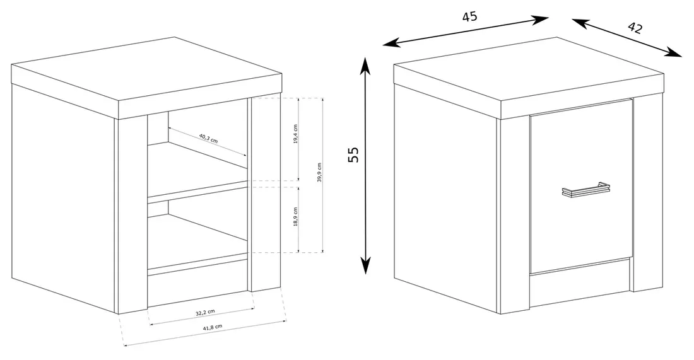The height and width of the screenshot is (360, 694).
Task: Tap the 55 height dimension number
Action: pyautogui.click(x=353, y=154)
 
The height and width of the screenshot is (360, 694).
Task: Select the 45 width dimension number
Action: pyautogui.click(x=469, y=17)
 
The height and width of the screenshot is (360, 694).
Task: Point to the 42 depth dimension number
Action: pyautogui.click(x=635, y=27)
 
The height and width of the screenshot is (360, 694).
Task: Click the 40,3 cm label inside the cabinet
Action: pyautogui.click(x=208, y=138)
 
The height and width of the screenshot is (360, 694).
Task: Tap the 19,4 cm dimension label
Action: pyautogui.click(x=295, y=134)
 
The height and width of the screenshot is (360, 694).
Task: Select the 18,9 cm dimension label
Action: pyautogui.click(x=295, y=217)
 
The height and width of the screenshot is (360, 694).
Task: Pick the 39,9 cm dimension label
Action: pyautogui.click(x=319, y=173)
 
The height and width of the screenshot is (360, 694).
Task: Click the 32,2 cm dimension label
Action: pyautogui.click(x=206, y=312)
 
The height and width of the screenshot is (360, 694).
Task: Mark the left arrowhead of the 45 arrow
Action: pyautogui.click(x=391, y=42)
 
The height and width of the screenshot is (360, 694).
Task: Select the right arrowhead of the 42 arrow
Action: pyautogui.click(x=674, y=52)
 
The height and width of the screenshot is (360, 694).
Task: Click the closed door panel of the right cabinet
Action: pyautogui.click(x=580, y=186)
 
